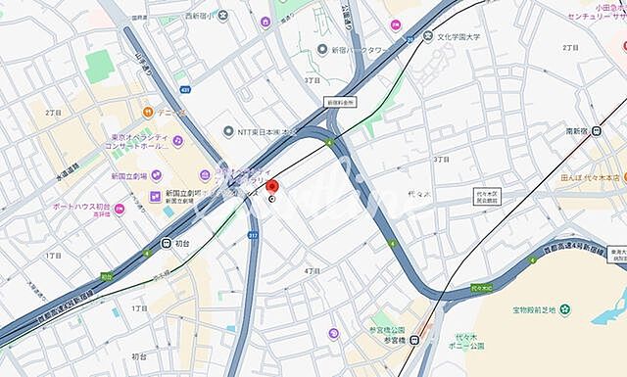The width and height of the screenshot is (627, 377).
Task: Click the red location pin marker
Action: (x=273, y=187)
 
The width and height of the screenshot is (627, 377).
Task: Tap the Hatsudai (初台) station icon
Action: (x=167, y=243)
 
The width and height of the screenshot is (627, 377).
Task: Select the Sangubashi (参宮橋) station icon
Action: (x=414, y=341)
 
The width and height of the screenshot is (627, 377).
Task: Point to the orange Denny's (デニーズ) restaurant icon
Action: (x=148, y=111)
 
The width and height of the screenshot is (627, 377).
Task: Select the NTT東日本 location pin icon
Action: (x=227, y=131)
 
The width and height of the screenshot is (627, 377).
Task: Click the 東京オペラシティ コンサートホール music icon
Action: (x=177, y=140)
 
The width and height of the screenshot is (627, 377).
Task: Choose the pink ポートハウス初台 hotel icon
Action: (x=120, y=208)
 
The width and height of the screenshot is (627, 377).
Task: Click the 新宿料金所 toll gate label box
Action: (x=340, y=102)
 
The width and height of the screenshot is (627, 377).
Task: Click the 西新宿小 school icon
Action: (x=223, y=15)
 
